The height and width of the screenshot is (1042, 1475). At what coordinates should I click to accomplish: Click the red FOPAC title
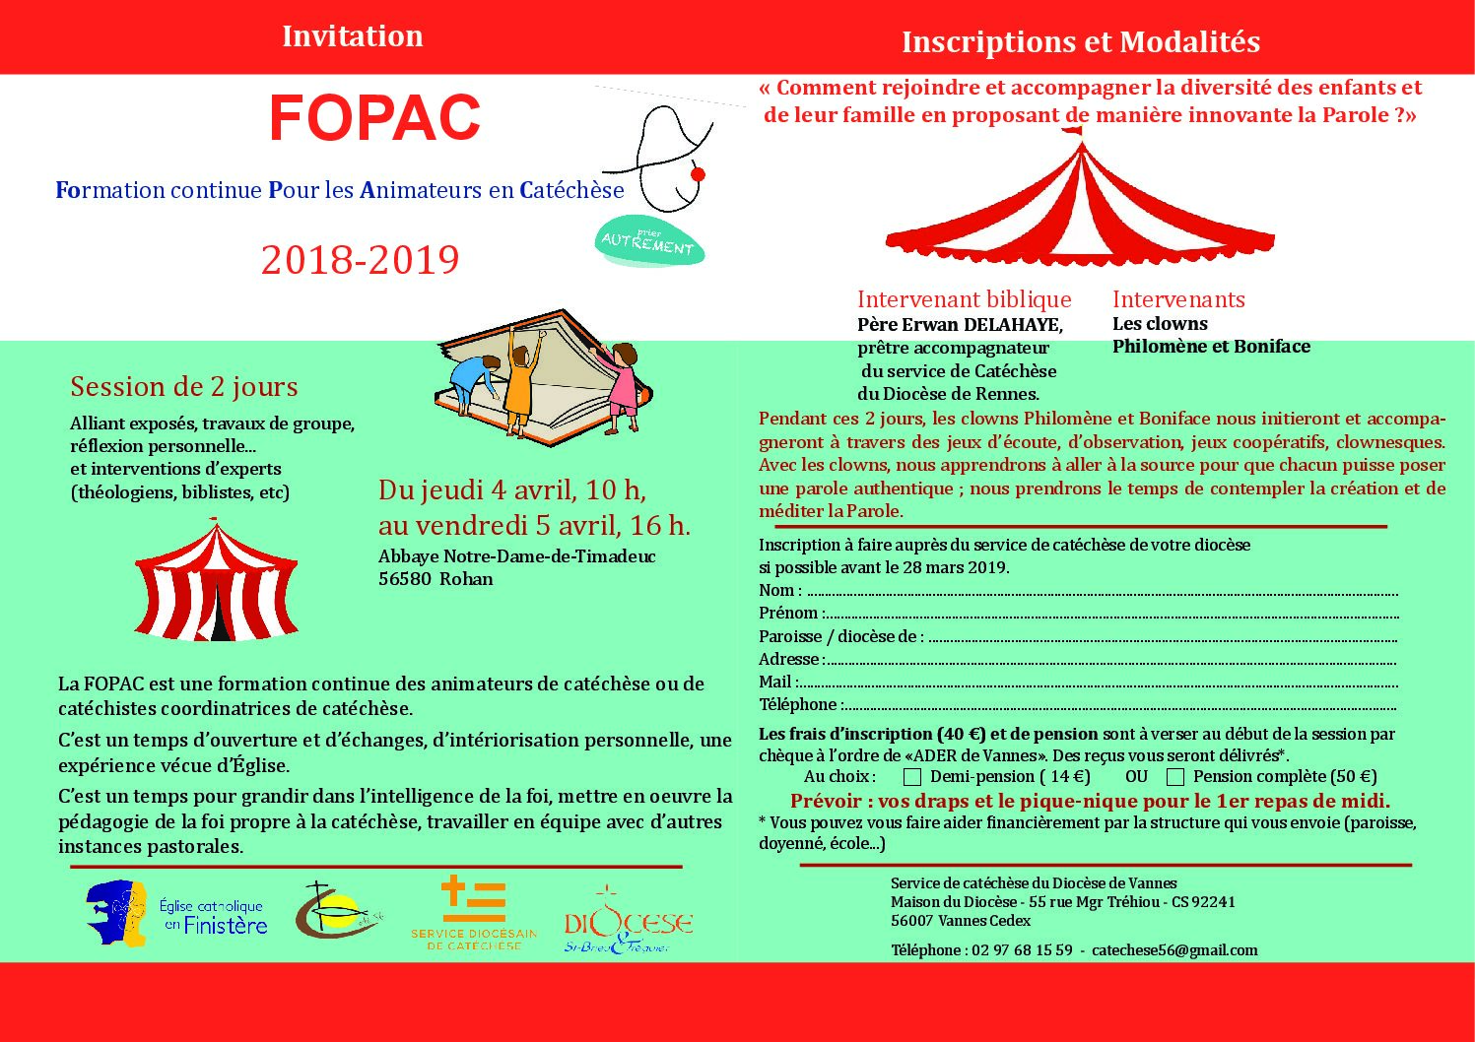pos(374,119)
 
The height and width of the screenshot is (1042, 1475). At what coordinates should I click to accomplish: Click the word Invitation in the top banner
pos(352,36)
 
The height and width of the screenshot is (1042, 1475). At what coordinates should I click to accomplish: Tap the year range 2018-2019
pos(361,260)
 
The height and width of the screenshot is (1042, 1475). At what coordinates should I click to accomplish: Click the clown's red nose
pos(698,174)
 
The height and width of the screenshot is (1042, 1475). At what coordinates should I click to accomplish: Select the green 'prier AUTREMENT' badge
pos(649,242)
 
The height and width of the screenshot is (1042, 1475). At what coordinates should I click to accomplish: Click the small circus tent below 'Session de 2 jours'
pos(216,582)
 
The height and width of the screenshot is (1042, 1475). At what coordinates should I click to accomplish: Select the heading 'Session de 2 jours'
pos(184,387)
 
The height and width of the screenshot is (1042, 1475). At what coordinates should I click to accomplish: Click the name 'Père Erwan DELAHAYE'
pos(959,325)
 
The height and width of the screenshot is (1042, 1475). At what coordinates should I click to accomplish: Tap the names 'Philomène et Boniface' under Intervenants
pos(1211,347)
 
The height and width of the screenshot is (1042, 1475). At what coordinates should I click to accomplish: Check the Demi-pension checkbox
pos(912,777)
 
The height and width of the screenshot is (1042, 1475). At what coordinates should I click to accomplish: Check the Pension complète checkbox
pos(1174,777)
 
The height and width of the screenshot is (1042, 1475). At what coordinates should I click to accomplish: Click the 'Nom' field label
pos(777,590)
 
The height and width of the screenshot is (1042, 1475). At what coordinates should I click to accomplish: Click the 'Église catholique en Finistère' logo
pos(177,915)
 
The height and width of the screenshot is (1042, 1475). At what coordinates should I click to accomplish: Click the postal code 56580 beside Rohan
pos(404,579)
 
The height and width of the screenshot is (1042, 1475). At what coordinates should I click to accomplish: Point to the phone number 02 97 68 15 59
pos(1022,950)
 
